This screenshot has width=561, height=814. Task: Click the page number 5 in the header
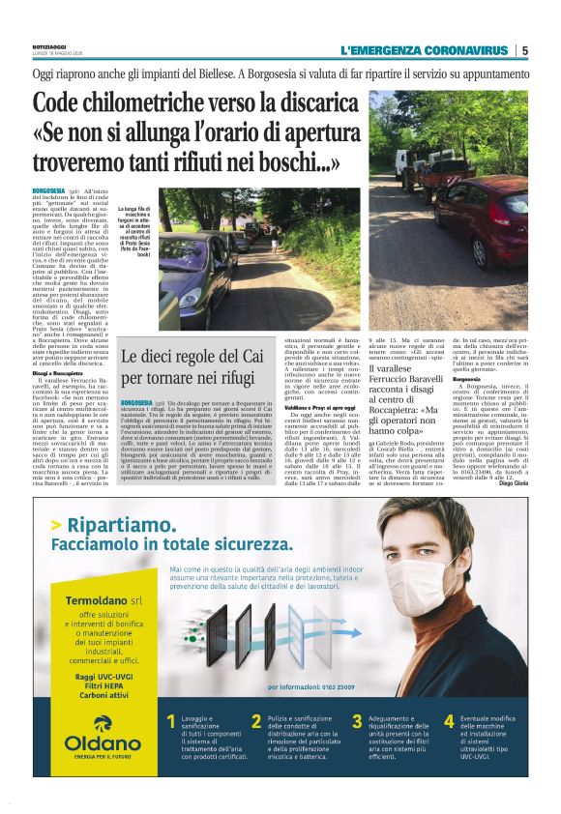(524, 50)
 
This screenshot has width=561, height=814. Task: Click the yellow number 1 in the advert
(170, 722)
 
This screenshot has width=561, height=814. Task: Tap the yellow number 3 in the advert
(357, 722)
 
